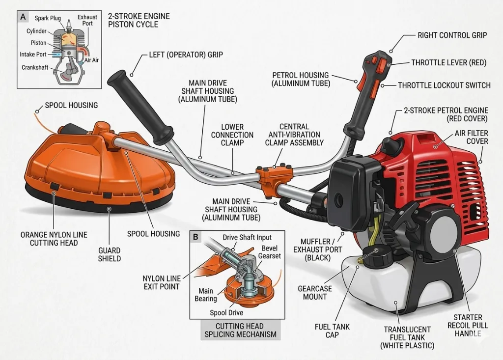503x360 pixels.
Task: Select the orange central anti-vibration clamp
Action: pyautogui.click(x=274, y=179)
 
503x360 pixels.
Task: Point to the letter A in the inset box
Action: pyautogui.click(x=23, y=17)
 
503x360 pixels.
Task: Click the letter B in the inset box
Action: pyautogui.click(x=196, y=237)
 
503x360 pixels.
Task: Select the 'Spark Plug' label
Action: pyautogui.click(x=48, y=18)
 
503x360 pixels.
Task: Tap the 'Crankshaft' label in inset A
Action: pyautogui.click(x=35, y=67)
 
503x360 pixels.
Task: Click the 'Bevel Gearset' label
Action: pyautogui.click(x=270, y=252)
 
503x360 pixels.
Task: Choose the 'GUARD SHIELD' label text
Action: pyautogui.click(x=110, y=254)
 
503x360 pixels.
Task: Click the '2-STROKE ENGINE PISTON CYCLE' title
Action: pyautogui.click(x=139, y=20)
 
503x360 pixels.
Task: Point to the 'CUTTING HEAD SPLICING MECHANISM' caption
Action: pyautogui.click(x=240, y=330)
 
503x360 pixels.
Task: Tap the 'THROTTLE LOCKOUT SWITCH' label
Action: pyautogui.click(x=444, y=85)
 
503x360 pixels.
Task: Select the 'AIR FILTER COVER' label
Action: pyautogui.click(x=471, y=137)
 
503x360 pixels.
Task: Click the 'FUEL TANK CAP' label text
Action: pyautogui.click(x=332, y=331)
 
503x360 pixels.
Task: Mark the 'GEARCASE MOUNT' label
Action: pyautogui.click(x=315, y=293)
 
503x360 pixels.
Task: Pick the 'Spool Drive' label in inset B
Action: pyautogui.click(x=226, y=312)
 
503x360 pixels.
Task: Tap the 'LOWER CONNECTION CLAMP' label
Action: pyautogui.click(x=232, y=135)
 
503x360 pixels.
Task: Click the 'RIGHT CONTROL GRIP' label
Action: pyautogui.click(x=452, y=35)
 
